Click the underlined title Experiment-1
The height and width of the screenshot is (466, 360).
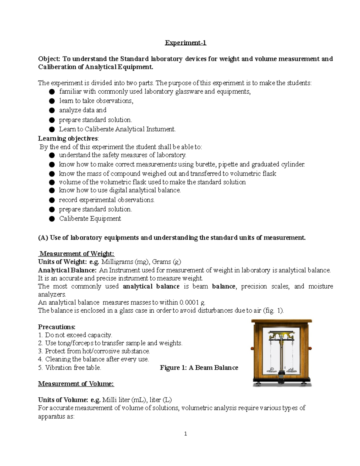click(185, 43)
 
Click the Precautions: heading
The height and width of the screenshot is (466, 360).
click(57, 327)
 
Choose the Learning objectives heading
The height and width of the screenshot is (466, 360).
click(68, 139)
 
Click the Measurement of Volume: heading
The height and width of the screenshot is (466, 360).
click(76, 384)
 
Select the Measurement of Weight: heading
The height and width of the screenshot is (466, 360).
click(77, 254)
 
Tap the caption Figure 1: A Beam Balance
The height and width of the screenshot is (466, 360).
click(199, 368)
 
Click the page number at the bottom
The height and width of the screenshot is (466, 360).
click(186, 434)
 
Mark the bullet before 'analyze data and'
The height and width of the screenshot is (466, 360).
click(52, 110)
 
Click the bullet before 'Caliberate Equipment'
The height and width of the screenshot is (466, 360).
click(52, 219)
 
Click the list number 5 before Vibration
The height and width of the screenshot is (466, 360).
click(40, 368)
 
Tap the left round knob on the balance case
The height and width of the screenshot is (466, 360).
click(252, 348)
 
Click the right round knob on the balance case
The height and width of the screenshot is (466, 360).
click(310, 348)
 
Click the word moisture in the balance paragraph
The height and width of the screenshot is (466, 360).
click(321, 287)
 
